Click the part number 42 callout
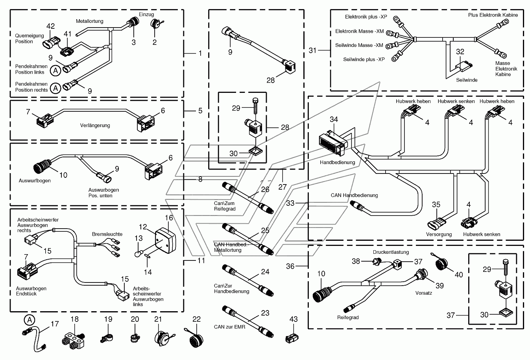[x=51, y=26]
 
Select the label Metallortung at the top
[x=89, y=21]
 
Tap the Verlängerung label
[x=95, y=126]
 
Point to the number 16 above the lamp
[x=169, y=218]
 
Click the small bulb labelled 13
[x=138, y=254]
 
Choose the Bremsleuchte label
[x=107, y=234]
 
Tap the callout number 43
[x=294, y=319]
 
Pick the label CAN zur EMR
[x=229, y=327]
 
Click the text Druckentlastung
[x=391, y=252]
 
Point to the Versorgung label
[x=439, y=234]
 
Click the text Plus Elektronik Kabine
[x=493, y=15]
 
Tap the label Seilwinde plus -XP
[x=364, y=59]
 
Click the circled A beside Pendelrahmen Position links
[x=55, y=70]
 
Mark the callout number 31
[x=312, y=50]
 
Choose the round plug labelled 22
[x=196, y=339]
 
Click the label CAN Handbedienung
[x=354, y=196]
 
